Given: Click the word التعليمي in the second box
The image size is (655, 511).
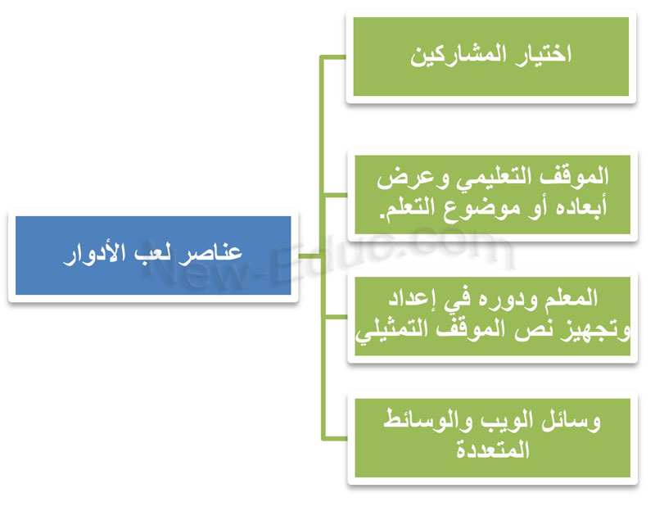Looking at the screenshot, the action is pyautogui.click(x=491, y=178).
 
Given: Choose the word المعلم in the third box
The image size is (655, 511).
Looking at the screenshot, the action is pyautogui.click(x=571, y=298).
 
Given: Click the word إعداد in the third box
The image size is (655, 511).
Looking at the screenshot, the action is pyautogui.click(x=413, y=299).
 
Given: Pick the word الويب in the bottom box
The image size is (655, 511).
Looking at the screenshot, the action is pyautogui.click(x=506, y=421).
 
